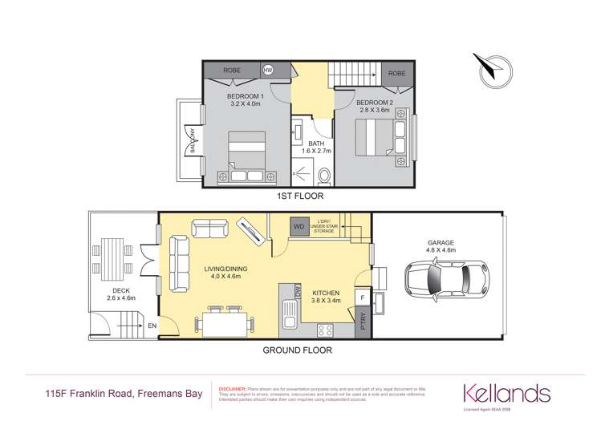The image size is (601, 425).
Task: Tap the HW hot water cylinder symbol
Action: pos(268,71)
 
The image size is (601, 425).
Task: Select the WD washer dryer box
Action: pos(299,226)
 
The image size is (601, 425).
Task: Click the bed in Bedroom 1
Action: pos(246,156)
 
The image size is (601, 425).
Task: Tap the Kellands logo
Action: pos(505,393)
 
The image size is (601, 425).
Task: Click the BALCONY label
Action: pos(193,141)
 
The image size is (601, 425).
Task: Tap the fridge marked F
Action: pos(363,297)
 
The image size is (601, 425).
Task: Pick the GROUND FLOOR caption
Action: pos(298,350)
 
